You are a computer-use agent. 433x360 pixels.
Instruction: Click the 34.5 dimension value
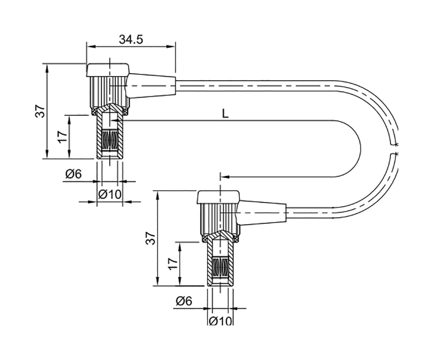pos(131,39)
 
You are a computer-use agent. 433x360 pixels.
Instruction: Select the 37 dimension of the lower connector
pos(151,238)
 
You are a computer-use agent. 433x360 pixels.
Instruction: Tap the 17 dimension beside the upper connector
pos(62,137)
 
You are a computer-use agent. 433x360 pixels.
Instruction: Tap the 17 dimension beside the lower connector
pos(173,264)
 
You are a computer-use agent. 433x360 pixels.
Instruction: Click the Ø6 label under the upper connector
pos(73,174)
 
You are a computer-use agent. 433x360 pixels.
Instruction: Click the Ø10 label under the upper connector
pos(110,194)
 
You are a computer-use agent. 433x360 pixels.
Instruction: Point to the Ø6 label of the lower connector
pos(184,301)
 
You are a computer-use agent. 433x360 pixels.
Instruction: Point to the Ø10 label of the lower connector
pos(220,321)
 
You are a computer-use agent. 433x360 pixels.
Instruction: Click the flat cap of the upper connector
pos(108,70)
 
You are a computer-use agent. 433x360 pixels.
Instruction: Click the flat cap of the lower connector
pos(218,197)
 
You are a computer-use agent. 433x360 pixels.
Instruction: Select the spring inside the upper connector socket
pos(110,140)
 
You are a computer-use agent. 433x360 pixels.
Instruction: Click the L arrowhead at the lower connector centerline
pos(224,177)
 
